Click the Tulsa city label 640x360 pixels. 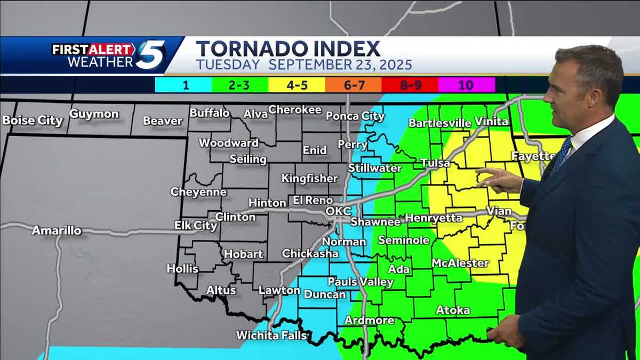[435, 163]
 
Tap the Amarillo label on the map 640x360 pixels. [57, 230]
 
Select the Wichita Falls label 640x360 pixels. [272, 335]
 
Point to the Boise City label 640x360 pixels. [33, 121]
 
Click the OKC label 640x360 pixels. [339, 211]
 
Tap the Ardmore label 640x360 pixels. [370, 320]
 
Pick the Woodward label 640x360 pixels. [229, 143]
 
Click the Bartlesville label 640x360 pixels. [440, 123]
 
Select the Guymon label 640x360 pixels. [94, 114]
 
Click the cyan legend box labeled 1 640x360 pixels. [183, 85]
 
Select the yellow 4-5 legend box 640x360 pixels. [297, 85]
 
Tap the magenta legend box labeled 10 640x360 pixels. [467, 85]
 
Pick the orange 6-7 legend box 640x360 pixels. [354, 85]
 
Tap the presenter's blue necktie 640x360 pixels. [561, 155]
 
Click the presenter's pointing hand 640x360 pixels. [499, 179]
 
